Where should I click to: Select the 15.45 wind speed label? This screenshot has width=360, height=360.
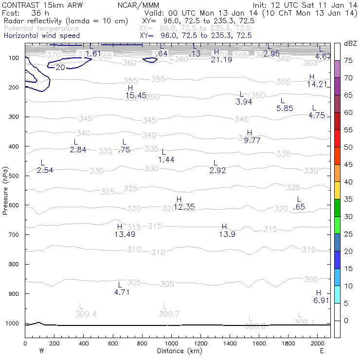136,95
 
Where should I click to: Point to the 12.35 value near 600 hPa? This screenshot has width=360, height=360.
184,207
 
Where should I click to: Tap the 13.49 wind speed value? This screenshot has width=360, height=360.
125,234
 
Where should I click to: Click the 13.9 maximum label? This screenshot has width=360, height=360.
227,234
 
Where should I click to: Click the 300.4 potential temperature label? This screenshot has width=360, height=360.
86,314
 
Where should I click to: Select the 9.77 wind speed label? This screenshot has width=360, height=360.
252,140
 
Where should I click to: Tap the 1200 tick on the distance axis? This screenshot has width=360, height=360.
200,343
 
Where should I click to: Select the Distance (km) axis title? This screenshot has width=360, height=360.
178,351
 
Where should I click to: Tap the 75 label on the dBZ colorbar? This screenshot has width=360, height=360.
348,60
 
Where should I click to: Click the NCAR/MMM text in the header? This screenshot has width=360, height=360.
138,5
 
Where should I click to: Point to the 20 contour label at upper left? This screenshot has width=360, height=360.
60,68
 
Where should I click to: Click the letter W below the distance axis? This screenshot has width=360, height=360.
41,351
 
